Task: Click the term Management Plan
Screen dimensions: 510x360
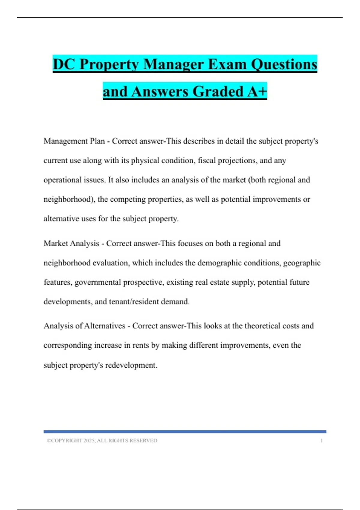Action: (74, 141)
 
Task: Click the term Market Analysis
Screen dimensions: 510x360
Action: (71, 243)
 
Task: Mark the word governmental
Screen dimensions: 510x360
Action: (97, 282)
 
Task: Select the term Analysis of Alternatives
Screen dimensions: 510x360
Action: (84, 326)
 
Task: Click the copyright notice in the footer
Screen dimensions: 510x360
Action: (102, 440)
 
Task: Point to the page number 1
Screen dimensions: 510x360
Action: (321, 440)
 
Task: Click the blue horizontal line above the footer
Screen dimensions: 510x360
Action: (185, 432)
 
